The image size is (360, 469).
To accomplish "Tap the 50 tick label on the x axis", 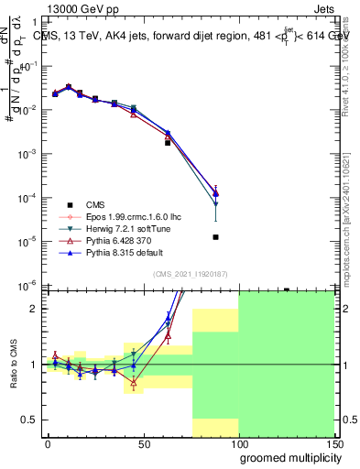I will [x=142, y=443].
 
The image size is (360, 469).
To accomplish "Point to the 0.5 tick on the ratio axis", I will [x=29, y=420].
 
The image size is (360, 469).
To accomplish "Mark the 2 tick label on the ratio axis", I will [x=35, y=309].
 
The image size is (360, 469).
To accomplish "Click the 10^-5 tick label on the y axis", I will [x=27, y=241].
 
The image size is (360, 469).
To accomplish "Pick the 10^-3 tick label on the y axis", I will [x=27, y=154].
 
